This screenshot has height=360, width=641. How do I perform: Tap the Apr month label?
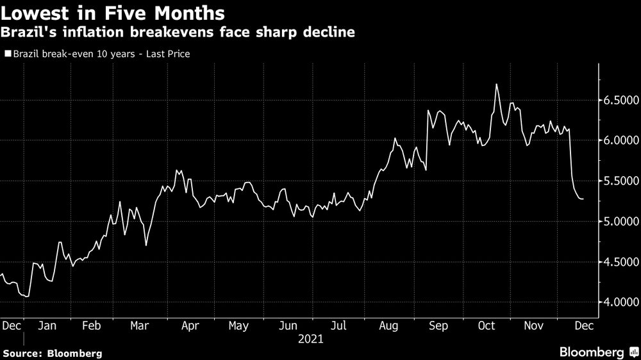pyautogui.click(x=191, y=326)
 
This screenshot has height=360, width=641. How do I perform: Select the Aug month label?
pyautogui.click(x=390, y=326)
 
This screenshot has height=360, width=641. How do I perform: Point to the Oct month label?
pyautogui.click(x=487, y=326)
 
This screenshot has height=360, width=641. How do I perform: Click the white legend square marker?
pyautogui.click(x=8, y=54)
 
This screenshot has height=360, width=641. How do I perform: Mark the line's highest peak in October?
pyautogui.click(x=497, y=84)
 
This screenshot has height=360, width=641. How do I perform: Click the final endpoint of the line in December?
pyautogui.click(x=583, y=199)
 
